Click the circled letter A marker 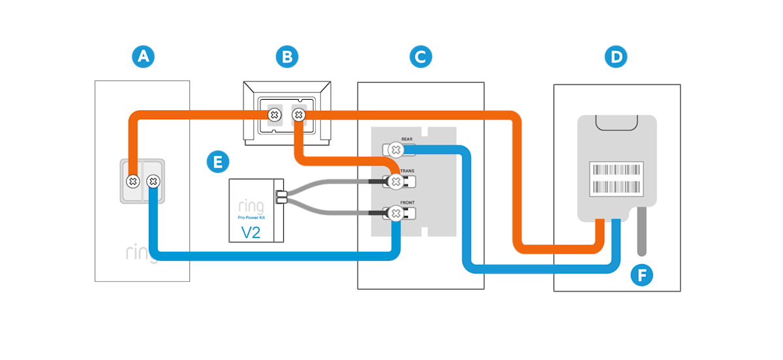(143, 57)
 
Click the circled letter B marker (286, 57)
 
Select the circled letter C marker (421, 57)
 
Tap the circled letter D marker (615, 57)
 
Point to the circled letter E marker (218, 161)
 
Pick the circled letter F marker (642, 276)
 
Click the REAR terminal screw (395, 150)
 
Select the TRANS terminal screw (395, 181)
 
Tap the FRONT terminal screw (395, 213)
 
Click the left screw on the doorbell (132, 180)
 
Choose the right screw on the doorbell (153, 180)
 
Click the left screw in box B (275, 115)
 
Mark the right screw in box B (298, 115)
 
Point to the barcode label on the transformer (617, 179)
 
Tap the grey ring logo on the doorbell (141, 253)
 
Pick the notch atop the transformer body (617, 123)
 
